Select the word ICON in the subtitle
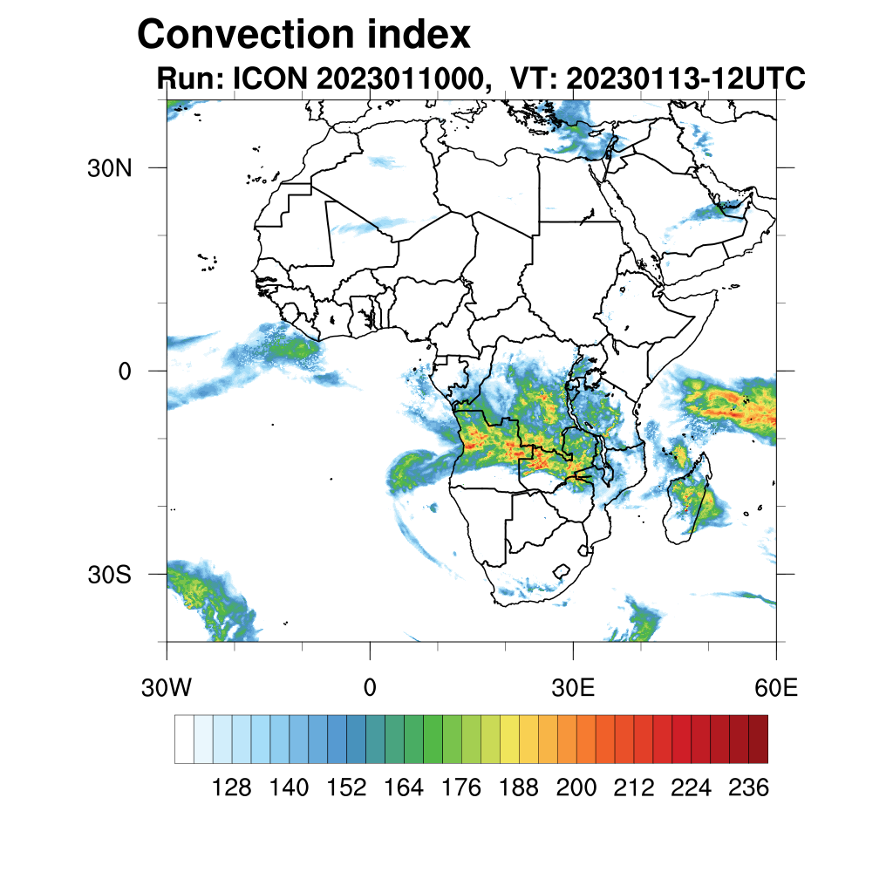coord(268,78)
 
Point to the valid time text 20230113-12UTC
coord(685,78)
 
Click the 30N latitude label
coord(109,168)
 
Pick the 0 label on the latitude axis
coord(124,372)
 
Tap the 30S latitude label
coord(109,575)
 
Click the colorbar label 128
coord(232,788)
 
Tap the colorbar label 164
coord(404,788)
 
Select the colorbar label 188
coord(519,788)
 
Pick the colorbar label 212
coord(633,788)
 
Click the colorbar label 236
coord(748,788)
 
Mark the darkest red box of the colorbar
coord(758,739)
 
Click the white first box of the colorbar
coord(184,739)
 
